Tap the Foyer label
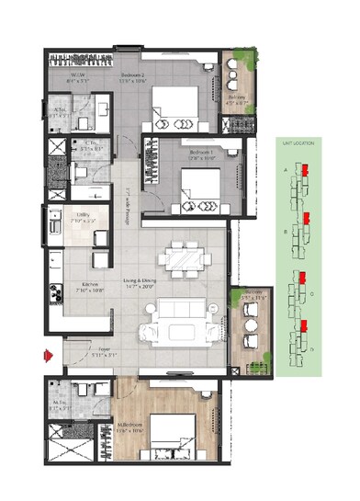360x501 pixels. pyautogui.click(x=84, y=350)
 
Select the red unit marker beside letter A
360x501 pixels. pyautogui.click(x=306, y=172)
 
